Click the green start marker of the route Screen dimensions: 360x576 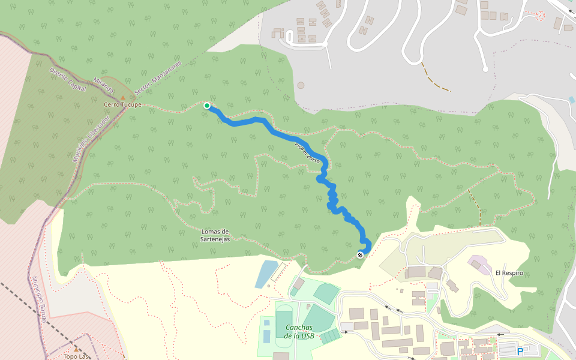click(207, 106)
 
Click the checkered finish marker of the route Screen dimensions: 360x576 click(360, 255)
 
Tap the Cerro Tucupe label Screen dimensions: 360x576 click(122, 104)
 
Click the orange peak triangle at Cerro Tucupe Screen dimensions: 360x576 click(123, 97)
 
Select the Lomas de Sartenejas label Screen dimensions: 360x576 click(215, 235)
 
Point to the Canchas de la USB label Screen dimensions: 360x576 click(299, 331)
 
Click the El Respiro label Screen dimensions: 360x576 click(509, 273)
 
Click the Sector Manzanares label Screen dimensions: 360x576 click(157, 77)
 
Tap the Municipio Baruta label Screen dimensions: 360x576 click(38, 299)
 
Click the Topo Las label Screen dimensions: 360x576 click(76, 356)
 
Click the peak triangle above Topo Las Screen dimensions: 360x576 click(76, 348)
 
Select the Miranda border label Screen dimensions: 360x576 click(103, 85)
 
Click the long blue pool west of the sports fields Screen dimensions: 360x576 click(266, 274)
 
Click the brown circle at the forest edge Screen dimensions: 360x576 click(301, 85)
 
